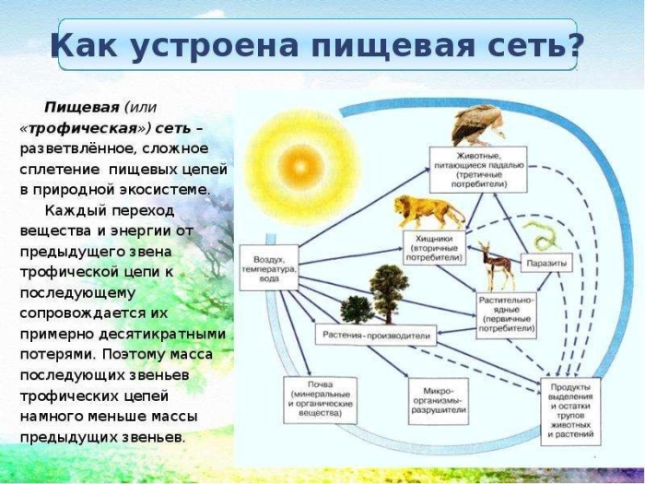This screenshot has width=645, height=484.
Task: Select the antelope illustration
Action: (x=498, y=264)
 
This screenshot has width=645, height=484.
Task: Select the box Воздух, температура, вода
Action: (x=269, y=266)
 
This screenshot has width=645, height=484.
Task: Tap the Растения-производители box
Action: (x=373, y=336)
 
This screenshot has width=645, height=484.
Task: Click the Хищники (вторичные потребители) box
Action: (x=435, y=243)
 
